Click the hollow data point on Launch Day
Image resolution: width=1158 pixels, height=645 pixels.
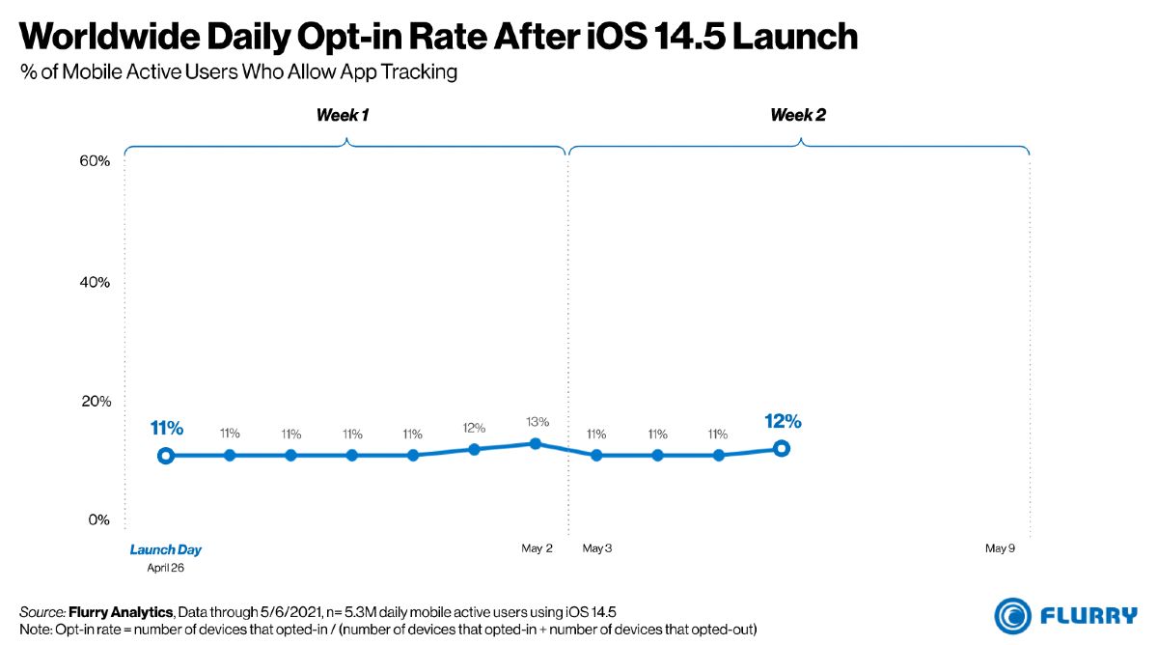pyautogui.click(x=165, y=456)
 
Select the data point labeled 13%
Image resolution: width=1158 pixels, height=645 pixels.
pyautogui.click(x=536, y=444)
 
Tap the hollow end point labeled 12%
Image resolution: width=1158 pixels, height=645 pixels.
pyautogui.click(x=781, y=448)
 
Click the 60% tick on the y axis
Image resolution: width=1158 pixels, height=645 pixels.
pyautogui.click(x=95, y=161)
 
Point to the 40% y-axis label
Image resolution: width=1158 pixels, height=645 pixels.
pyautogui.click(x=95, y=282)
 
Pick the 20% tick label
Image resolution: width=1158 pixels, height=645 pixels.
pyautogui.click(x=96, y=401)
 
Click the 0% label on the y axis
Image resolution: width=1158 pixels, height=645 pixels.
pyautogui.click(x=98, y=519)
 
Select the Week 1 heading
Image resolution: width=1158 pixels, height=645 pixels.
pyautogui.click(x=343, y=115)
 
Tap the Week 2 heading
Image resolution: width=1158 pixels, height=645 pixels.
pyautogui.click(x=798, y=115)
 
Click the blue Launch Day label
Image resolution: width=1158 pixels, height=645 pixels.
pyautogui.click(x=165, y=549)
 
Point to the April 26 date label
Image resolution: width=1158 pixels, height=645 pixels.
pyautogui.click(x=165, y=568)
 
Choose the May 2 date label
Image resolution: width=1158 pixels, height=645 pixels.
pyautogui.click(x=538, y=548)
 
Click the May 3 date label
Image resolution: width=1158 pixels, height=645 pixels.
pyautogui.click(x=597, y=548)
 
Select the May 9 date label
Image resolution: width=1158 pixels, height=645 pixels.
pyautogui.click(x=1001, y=548)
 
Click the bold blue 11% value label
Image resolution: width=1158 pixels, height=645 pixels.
pyautogui.click(x=166, y=429)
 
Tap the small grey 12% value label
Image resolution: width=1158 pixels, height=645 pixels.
pyautogui.click(x=474, y=428)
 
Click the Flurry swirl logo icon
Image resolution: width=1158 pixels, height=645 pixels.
pyautogui.click(x=1012, y=616)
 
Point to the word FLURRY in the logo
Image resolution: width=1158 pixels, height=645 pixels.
pyautogui.click(x=1089, y=615)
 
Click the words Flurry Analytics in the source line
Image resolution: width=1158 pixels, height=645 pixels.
pyautogui.click(x=121, y=612)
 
